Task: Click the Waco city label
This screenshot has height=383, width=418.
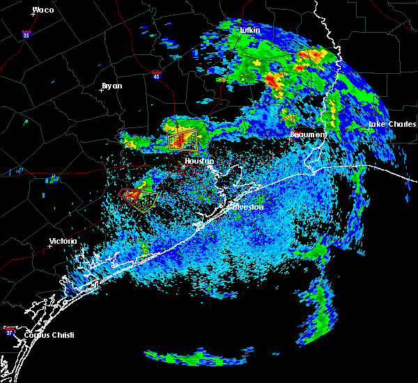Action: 43,10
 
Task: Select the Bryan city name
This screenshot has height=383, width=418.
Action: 111,86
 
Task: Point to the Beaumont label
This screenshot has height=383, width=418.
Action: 309,134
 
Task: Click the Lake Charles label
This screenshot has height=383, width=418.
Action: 387,125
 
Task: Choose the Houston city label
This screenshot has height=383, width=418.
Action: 199,161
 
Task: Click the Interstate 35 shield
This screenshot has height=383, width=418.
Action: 26,33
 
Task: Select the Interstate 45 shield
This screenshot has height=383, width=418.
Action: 157,73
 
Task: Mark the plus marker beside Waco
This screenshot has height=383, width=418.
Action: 33,14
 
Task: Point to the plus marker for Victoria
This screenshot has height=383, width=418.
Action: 49,246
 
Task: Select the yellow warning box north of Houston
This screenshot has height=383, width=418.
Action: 183,140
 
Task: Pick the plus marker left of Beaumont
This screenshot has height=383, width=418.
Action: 291,138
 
